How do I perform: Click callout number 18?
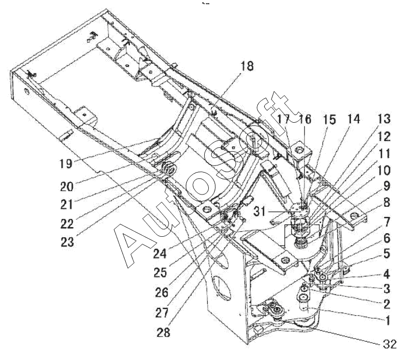[x=247, y=66]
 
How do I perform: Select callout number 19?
[x=66, y=164]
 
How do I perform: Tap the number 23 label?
[x=67, y=242]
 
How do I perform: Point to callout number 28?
[x=163, y=332]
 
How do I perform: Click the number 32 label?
[x=390, y=344]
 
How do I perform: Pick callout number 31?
[x=260, y=211]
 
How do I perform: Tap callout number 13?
[x=385, y=119]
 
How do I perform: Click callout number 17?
[x=284, y=119]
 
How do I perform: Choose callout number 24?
[x=159, y=254]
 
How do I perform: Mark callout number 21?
[x=67, y=204]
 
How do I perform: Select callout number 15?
[x=330, y=120]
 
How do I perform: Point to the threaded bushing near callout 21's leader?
[x=168, y=169]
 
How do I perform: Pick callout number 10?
[x=385, y=171]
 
